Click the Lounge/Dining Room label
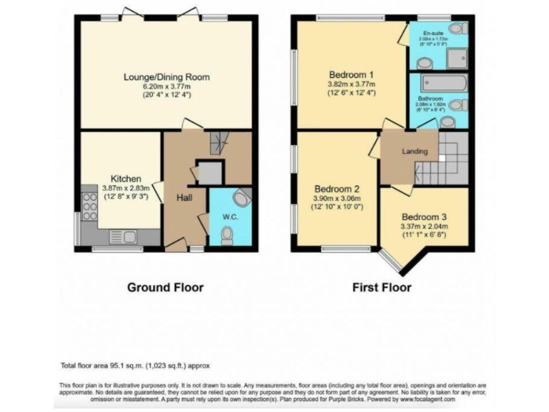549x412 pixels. point(167,77)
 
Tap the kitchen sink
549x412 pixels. point(119,236)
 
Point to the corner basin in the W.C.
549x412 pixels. point(243,197)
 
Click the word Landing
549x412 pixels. point(415,152)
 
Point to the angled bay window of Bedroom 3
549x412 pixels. point(390,261)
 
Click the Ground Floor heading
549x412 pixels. point(165,288)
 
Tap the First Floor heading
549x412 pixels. point(382,288)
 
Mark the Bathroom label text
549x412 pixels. point(430,99)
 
